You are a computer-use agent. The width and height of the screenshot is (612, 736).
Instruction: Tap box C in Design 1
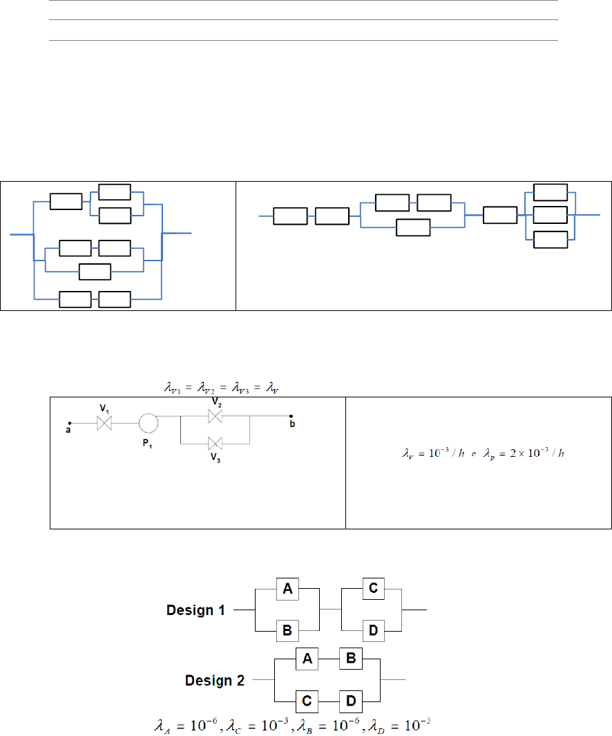[373, 589]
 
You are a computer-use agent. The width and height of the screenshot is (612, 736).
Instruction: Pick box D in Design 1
[373, 630]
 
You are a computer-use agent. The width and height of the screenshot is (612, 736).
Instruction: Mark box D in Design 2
[350, 701]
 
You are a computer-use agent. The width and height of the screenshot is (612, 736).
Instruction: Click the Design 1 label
[196, 610]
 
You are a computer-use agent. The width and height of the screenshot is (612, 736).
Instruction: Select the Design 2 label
[215, 681]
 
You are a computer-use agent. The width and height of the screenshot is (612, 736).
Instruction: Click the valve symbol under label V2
[216, 416]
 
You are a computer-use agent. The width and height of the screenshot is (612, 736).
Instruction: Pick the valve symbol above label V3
[216, 442]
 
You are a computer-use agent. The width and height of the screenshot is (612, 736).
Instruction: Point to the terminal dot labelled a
[69, 423]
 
